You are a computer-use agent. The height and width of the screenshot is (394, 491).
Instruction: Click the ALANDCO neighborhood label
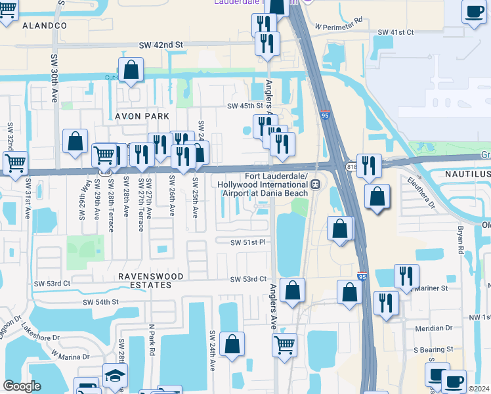45,26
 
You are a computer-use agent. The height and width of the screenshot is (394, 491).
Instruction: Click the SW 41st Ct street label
396,32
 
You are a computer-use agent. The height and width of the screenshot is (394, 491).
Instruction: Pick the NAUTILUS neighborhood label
467,174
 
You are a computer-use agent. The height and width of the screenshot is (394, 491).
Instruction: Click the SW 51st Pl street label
247,242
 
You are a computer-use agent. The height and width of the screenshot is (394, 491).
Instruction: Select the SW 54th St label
100,301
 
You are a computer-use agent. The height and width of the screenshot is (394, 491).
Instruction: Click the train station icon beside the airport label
316,185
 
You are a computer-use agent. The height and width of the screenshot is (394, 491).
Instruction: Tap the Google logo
22,385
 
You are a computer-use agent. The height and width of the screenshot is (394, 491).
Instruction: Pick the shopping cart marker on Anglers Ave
284,343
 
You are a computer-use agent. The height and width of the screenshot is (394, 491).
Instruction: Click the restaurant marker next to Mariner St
406,276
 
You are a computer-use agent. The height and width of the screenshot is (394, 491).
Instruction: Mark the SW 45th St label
245,106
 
